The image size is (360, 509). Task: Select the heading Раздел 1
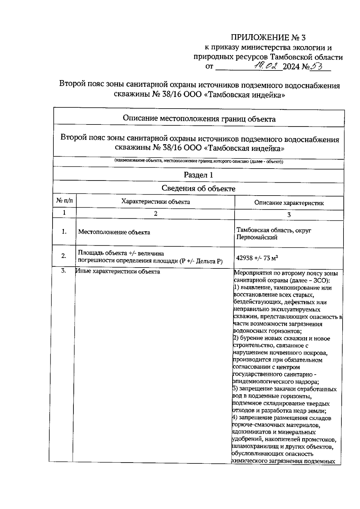[198, 175]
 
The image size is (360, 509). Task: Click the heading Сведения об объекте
[198, 188]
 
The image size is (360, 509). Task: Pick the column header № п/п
[64, 201]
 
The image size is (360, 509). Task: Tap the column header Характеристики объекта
[155, 202]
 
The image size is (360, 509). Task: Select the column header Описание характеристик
[289, 203]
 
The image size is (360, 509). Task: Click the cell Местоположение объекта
[114, 232]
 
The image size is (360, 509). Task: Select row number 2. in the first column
[64, 256]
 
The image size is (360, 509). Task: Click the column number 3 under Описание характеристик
[289, 214]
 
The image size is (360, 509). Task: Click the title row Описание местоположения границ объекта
[199, 119]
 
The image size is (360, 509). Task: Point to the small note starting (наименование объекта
[199, 161]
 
